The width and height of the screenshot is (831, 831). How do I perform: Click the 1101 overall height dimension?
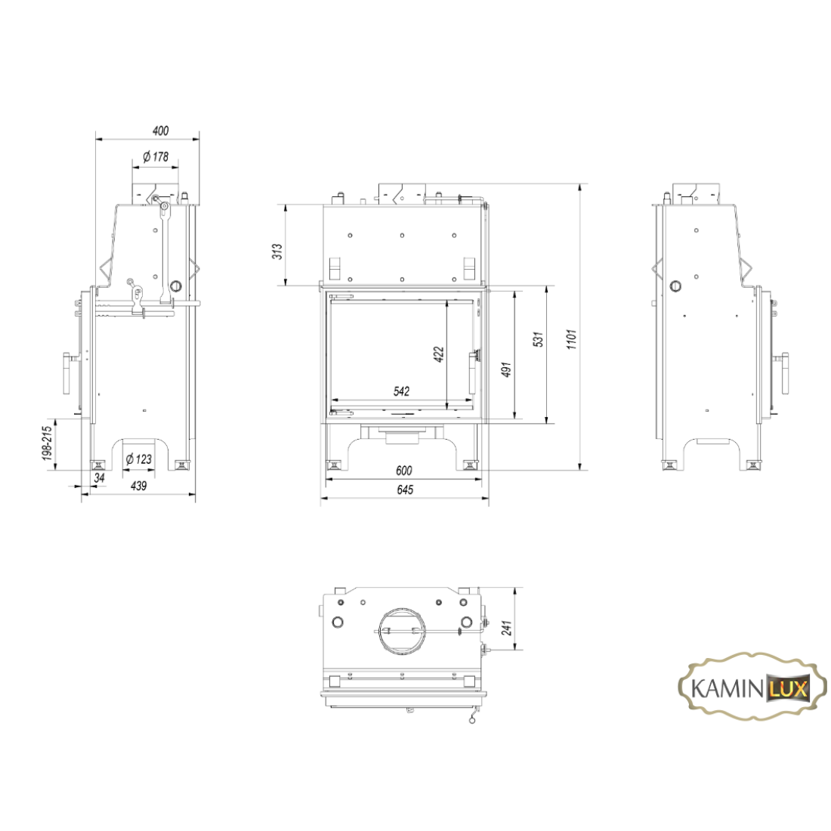(x=571, y=339)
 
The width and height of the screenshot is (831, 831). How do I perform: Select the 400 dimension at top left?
(x=160, y=131)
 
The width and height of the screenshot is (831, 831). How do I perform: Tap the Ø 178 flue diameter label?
(x=156, y=157)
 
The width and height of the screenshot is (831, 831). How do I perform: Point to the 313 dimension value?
(x=277, y=251)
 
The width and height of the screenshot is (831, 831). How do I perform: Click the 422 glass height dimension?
(x=439, y=354)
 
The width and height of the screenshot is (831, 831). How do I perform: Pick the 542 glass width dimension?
(x=402, y=391)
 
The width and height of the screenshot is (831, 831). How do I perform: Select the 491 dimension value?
(x=507, y=369)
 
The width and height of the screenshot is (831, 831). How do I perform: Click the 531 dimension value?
(x=539, y=339)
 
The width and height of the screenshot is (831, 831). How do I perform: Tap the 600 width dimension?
(x=404, y=470)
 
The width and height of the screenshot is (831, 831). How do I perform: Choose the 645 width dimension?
(x=405, y=490)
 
